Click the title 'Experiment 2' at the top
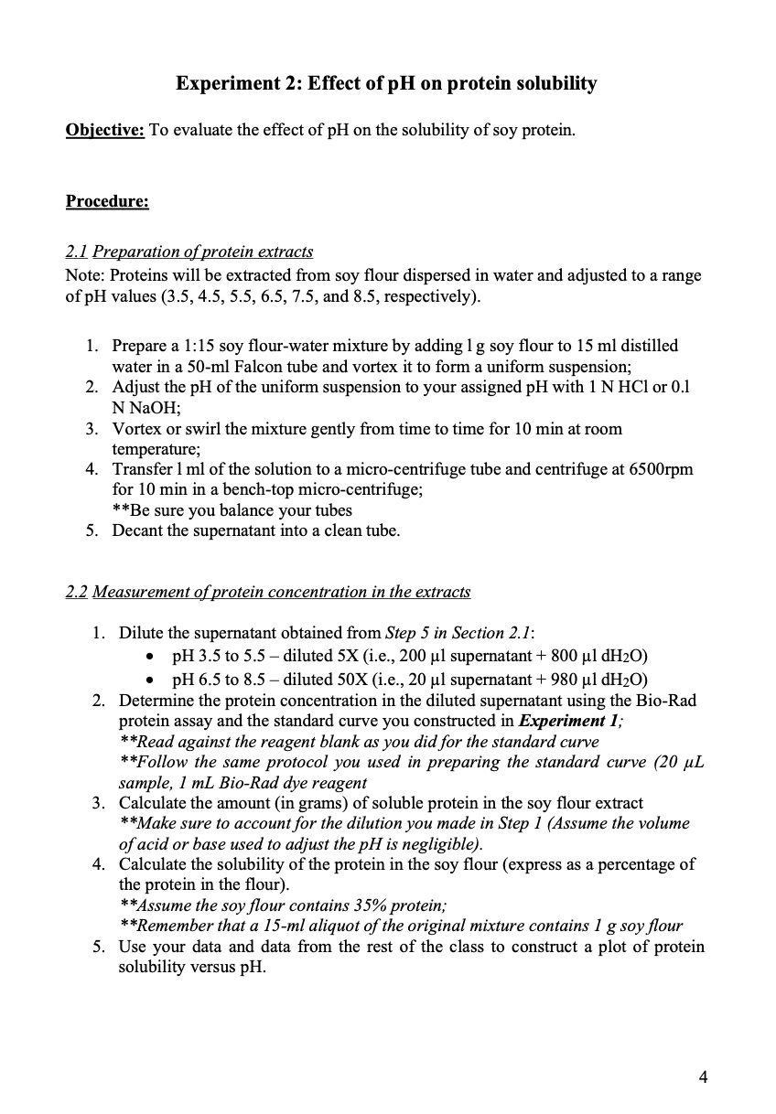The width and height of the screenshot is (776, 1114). click(x=237, y=83)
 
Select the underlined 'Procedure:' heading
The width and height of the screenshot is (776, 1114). click(x=107, y=200)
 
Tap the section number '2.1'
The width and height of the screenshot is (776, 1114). click(x=77, y=251)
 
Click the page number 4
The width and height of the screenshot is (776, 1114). click(x=703, y=1076)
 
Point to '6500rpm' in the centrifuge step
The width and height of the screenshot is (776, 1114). click(x=662, y=469)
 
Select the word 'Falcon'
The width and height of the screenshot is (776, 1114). click(x=261, y=366)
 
